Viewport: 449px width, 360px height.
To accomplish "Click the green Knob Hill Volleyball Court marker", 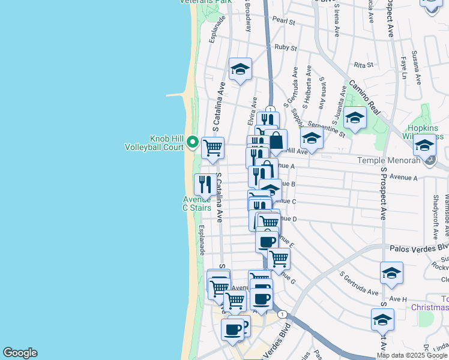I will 193,142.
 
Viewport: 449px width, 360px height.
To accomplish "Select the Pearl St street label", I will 284,21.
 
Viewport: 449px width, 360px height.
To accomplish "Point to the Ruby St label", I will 286,47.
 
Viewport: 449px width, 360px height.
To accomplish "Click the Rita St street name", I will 364,65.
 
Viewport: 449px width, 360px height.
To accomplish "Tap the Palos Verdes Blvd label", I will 419,247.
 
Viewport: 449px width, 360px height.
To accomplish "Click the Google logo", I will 20,353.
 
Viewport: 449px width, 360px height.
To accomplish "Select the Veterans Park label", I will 206,2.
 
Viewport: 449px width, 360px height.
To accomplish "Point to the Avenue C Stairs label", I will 197,203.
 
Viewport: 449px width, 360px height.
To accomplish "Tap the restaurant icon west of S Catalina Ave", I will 205,184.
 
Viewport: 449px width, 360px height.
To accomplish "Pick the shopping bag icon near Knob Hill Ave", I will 276,140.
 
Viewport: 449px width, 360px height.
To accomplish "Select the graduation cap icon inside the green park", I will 355,117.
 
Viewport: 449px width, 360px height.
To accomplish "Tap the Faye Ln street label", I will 403,68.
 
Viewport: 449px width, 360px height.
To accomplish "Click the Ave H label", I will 398,299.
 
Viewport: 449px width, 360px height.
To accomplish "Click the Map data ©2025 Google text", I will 412,355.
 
